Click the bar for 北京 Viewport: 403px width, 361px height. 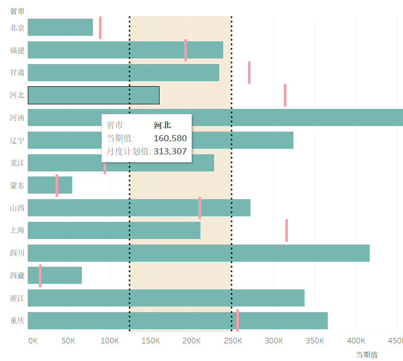pos(60,27)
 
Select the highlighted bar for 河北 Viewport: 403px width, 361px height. pos(93,95)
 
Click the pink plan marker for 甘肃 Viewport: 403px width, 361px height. pos(249,73)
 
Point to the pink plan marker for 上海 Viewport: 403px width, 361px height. pos(286,230)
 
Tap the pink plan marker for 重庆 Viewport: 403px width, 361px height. pos(237,320)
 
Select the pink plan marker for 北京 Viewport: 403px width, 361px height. pos(100,27)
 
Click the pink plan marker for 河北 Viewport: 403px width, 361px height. pos(285,95)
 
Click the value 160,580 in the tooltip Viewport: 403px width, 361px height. pos(170,138)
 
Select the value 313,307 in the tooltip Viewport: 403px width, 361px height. pos(170,151)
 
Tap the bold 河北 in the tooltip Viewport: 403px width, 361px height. pos(162,125)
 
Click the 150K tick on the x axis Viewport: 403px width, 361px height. pos(150,341)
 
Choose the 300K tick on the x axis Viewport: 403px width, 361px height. pos(274,341)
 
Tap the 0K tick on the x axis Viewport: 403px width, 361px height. pos(33,341)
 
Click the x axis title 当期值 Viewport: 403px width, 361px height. pos(366,354)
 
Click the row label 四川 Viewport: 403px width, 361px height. pos(17,253)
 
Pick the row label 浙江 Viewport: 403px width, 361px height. pos(17,298)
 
